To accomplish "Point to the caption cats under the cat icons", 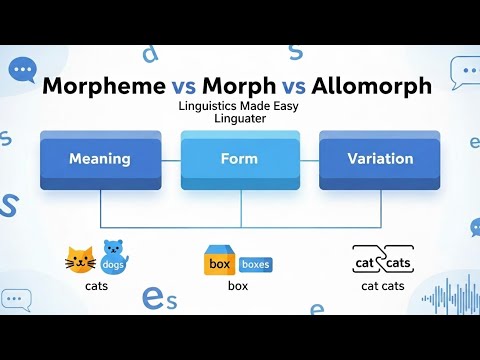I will pos(97,286).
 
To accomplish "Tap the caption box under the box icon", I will pos(237,286).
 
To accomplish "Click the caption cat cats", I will pos(383,286).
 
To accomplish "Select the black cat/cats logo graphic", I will pos(382,261).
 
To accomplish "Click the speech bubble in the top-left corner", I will pos(22,69).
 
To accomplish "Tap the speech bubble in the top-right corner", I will pos(464,69).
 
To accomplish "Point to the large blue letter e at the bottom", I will pos(153,297).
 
